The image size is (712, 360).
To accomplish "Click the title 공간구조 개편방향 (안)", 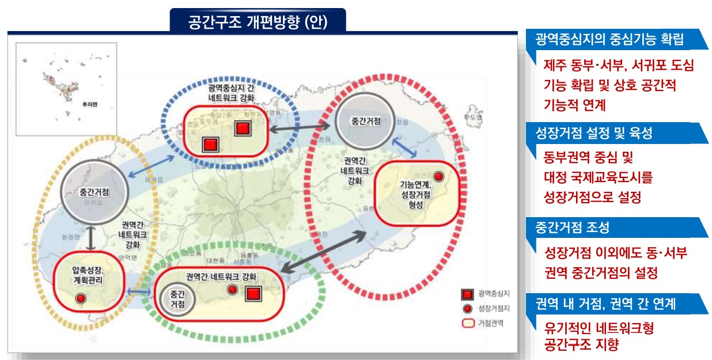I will pyautogui.click(x=257, y=21).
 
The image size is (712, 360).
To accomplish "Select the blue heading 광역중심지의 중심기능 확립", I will pyautogui.click(x=609, y=40).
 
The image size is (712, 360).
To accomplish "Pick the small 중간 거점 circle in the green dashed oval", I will pyautogui.click(x=177, y=298).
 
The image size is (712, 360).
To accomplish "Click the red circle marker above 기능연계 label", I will pyautogui.click(x=439, y=176).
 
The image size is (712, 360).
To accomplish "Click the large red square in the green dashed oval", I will pyautogui.click(x=253, y=294).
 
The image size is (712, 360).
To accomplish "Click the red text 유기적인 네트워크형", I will pyautogui.click(x=599, y=329).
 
